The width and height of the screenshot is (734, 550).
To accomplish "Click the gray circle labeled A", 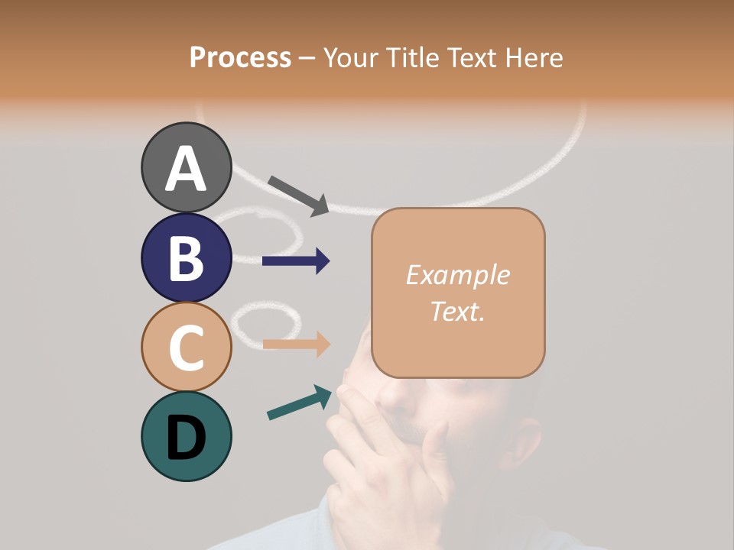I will tap(186, 167).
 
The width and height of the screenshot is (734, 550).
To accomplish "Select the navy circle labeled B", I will tap(186, 257).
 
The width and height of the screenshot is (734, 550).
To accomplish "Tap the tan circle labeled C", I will tap(186, 347).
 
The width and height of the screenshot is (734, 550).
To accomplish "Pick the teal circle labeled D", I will tap(186, 436).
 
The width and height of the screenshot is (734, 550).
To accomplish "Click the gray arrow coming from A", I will tap(299, 196).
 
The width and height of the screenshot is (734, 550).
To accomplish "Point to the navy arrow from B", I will tap(296, 261).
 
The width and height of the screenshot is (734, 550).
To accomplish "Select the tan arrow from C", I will tap(296, 345).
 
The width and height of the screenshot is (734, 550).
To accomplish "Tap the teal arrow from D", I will tap(300, 403).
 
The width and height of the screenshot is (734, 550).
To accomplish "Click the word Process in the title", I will tap(240, 57).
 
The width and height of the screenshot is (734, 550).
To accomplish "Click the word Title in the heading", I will tap(410, 57).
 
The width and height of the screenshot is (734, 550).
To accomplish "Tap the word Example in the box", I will tap(457, 275).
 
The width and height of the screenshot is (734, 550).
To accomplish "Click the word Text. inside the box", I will tap(457, 311).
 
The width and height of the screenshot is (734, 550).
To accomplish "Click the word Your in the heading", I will tap(351, 57).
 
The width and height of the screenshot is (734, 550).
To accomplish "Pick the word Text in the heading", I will tap(467, 57).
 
